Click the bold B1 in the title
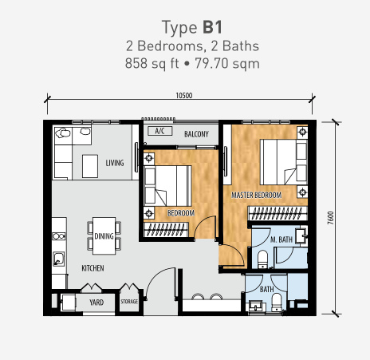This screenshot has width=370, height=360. pyautogui.click(x=212, y=27)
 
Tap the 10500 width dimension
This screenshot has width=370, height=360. pyautogui.click(x=184, y=96)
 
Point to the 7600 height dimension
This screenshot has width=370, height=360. pyautogui.click(x=330, y=218)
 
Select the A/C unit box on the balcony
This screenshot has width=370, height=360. pyautogui.click(x=160, y=131)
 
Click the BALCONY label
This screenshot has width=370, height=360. pyautogui.click(x=196, y=134)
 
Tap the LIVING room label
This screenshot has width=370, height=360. pyautogui.click(x=115, y=163)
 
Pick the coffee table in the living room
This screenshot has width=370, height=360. pyautogui.click(x=90, y=166)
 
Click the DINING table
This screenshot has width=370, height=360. pyautogui.click(x=104, y=236)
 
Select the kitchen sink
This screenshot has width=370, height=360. pyautogui.click(x=58, y=259)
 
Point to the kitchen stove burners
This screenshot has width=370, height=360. pyautogui.click(x=59, y=236)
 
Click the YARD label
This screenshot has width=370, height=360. pyautogui.click(x=96, y=303)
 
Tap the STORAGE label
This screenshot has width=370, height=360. pyautogui.click(x=129, y=302)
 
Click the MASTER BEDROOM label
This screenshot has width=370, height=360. pyautogui.click(x=257, y=196)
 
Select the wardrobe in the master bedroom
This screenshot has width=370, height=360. pyautogui.click(x=277, y=213)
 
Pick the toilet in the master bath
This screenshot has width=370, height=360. pyautogui.click(x=263, y=259)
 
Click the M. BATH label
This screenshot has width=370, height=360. pyautogui.click(x=281, y=239)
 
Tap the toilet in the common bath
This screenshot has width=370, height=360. pyautogui.click(x=277, y=303)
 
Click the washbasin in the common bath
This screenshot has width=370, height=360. pyautogui.click(x=257, y=306)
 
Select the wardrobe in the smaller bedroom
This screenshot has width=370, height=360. pyautogui.click(x=166, y=230)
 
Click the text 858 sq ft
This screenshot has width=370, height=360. pyautogui.click(x=152, y=64)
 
